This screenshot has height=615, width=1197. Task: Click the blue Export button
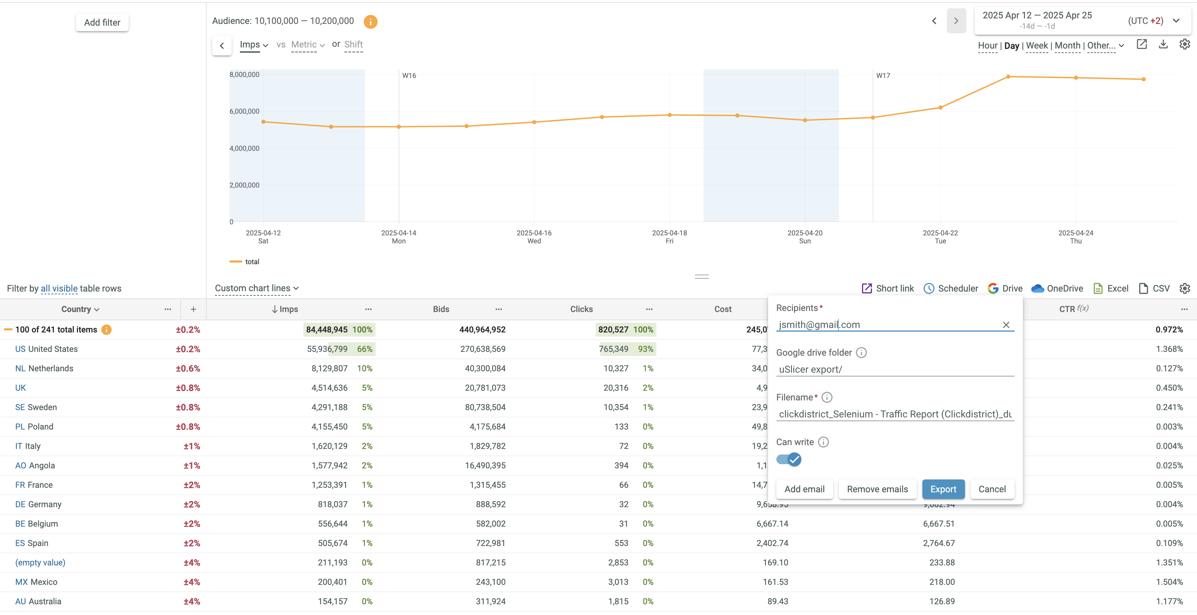coord(943,489)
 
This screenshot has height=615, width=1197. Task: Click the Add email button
coord(804,489)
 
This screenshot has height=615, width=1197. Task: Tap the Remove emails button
coord(877,489)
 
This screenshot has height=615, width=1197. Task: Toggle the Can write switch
coord(789,459)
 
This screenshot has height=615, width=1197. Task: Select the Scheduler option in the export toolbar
coord(951,288)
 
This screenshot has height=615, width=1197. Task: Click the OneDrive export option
coord(1057,288)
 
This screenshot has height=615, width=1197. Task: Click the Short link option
coord(888,288)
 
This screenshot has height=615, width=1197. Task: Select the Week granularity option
coord(1037,45)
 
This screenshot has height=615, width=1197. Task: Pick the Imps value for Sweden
coord(329,407)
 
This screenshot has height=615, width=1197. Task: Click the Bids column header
coord(441,309)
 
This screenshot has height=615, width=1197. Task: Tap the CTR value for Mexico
coord(1169,582)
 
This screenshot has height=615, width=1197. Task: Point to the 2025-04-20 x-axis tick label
coord(805,236)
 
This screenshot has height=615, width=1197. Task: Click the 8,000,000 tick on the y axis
coord(244,74)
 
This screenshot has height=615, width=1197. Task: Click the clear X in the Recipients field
coord(1006,325)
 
